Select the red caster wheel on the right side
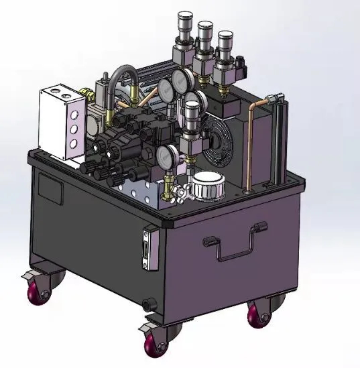click(x=258, y=314)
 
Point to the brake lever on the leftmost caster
click(x=29, y=275)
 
